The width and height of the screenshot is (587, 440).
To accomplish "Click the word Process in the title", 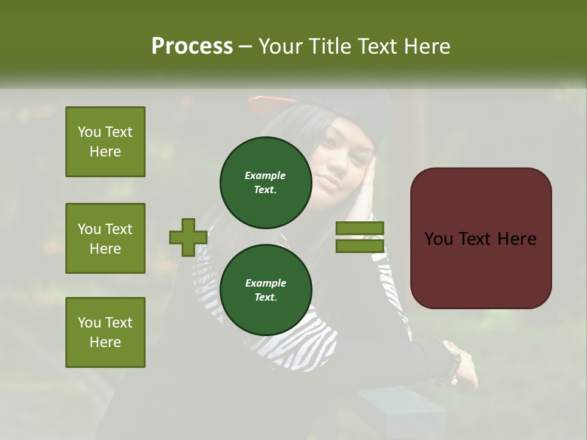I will [x=192, y=46].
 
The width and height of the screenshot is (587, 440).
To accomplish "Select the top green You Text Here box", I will [x=105, y=142].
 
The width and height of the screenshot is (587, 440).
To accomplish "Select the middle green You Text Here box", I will [x=105, y=238].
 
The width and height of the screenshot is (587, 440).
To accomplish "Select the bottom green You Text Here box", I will [x=105, y=332].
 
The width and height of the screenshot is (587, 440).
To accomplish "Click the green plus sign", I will [x=188, y=237].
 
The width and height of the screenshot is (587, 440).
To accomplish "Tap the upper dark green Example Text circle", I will [x=265, y=182].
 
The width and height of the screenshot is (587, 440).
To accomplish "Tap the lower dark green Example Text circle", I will [x=265, y=290].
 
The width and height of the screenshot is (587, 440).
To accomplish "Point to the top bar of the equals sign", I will [x=360, y=229].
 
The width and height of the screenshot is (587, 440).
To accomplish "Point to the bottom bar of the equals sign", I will [x=360, y=246].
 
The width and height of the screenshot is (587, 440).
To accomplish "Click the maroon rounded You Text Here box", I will [x=481, y=238].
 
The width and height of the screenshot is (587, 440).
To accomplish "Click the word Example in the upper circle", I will [x=265, y=175].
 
